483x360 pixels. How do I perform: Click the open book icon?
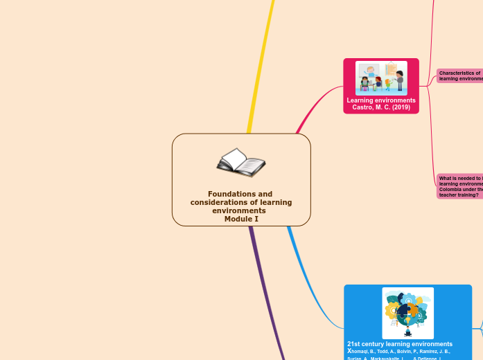click(240, 163)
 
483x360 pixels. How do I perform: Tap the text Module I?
click(241, 219)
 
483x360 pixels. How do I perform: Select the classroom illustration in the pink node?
click(381, 78)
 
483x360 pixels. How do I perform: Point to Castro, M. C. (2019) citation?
click(381, 107)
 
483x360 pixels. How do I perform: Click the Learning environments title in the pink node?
click(381, 100)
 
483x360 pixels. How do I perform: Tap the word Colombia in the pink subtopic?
click(451, 189)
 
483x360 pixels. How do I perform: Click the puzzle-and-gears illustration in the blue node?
click(407, 313)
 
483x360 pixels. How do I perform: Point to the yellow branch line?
click(260, 69)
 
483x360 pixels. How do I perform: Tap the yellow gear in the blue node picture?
click(392, 309)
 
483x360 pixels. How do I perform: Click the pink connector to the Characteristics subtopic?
click(431, 81)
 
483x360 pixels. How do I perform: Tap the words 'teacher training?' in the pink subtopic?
click(458, 195)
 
